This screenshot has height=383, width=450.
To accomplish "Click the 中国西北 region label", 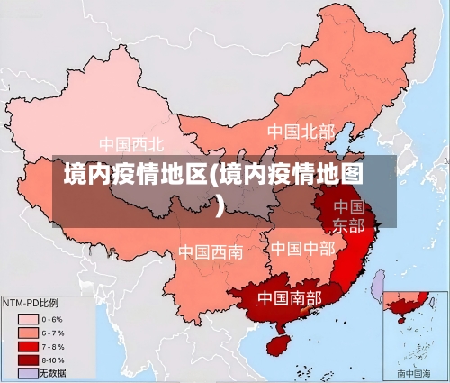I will pyautogui.click(x=131, y=143).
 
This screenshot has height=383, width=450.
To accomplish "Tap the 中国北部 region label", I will pyautogui.click(x=301, y=132).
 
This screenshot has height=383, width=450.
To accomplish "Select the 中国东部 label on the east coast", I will pyautogui.click(x=348, y=216).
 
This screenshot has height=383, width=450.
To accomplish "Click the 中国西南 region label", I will pyautogui.click(x=210, y=251).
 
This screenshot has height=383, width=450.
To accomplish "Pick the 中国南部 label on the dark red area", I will pyautogui.click(x=290, y=297).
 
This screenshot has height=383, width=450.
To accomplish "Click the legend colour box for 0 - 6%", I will pyautogui.click(x=28, y=319).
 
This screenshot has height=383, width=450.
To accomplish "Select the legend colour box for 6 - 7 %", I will pyautogui.click(x=28, y=333).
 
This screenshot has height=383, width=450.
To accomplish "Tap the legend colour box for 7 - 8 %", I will pyautogui.click(x=28, y=346).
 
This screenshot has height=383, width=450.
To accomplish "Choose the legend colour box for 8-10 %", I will pyautogui.click(x=28, y=360).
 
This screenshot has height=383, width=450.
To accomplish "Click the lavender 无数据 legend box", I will pyautogui.click(x=28, y=372).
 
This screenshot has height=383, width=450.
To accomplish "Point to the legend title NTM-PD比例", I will pyautogui.click(x=31, y=304).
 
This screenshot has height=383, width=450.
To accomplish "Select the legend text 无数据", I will pyautogui.click(x=51, y=372).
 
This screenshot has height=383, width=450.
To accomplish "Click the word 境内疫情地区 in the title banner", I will pyautogui.click(x=135, y=174).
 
